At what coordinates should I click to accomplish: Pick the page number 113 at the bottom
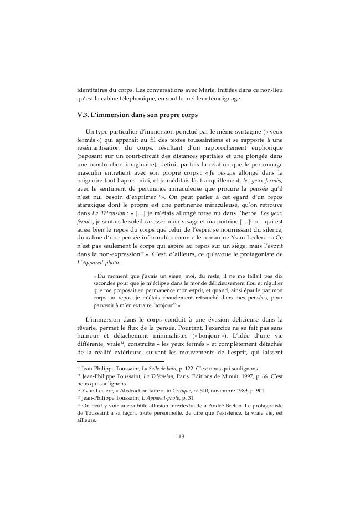(x=179, y=436)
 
